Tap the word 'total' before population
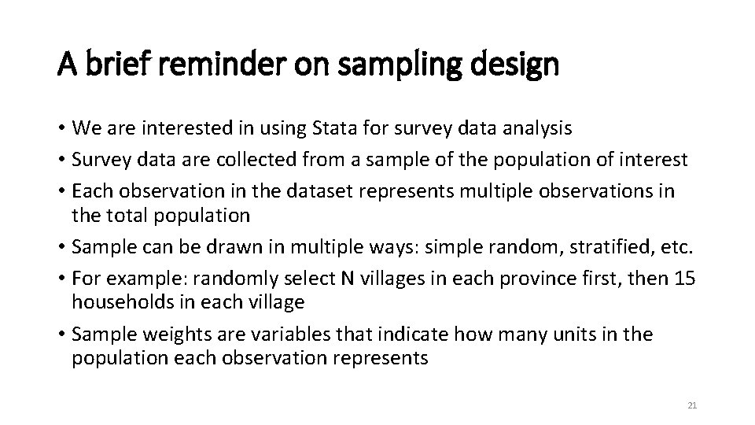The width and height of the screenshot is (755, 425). [125, 215]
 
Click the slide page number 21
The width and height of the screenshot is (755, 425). [692, 405]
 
